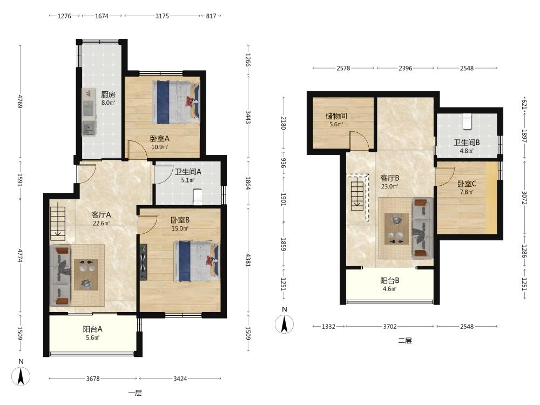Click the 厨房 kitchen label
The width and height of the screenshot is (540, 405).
pyautogui.click(x=108, y=94)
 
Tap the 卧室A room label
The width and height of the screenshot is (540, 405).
pyautogui.click(x=159, y=138)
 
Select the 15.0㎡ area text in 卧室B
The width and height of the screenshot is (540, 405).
pyautogui.click(x=180, y=228)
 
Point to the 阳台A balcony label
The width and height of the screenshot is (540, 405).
pyautogui.click(x=92, y=329)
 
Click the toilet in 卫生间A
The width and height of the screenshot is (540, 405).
pyautogui.click(x=198, y=197)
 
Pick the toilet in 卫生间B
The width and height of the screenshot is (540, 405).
pyautogui.click(x=467, y=121)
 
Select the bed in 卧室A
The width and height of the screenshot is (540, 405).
pyautogui.click(x=177, y=102)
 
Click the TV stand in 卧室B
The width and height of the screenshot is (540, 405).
pyautogui.click(x=143, y=262)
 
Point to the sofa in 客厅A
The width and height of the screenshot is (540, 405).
pyautogui.click(x=60, y=275)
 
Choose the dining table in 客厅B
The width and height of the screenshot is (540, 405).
pyautogui.click(x=396, y=228)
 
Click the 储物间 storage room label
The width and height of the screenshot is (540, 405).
pyautogui.click(x=336, y=116)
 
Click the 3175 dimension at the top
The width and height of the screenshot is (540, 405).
pyautogui.click(x=162, y=16)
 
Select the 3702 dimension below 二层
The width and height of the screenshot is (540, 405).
pyautogui.click(x=390, y=327)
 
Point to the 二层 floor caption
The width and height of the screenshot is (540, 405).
pyautogui.click(x=405, y=341)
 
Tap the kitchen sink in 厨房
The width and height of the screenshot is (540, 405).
pyautogui.click(x=89, y=128)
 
